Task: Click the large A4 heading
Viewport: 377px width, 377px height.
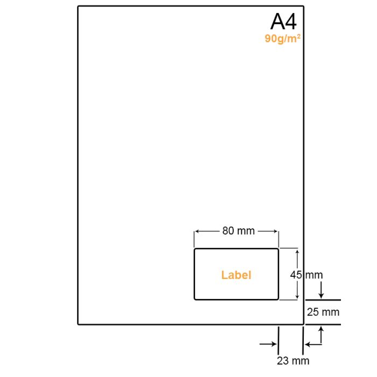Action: coord(284,22)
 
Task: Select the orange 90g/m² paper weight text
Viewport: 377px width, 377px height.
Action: coord(283,39)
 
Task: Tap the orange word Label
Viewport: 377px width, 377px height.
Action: coord(236,275)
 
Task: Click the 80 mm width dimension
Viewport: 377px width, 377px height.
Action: coord(238,231)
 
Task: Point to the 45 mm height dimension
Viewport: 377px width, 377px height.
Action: coord(306,275)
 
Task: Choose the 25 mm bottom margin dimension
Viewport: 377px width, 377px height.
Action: coord(323,312)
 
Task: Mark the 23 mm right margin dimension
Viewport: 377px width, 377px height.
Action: coord(293,361)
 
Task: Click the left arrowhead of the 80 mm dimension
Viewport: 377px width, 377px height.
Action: coord(197,231)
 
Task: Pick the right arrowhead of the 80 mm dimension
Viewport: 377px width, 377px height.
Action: coord(276,231)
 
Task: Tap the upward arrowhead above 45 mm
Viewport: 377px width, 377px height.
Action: coord(297,252)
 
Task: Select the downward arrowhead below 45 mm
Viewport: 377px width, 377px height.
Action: coord(297,297)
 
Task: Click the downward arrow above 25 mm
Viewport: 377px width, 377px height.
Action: coord(321,290)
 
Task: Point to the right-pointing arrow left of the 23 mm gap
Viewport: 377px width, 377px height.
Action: coord(268,344)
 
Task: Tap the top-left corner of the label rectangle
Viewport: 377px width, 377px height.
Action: coord(194,249)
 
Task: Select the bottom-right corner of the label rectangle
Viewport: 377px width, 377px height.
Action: coord(278,299)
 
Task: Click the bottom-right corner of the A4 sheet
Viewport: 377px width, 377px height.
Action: coord(303,324)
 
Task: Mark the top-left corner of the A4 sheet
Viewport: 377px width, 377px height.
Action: coord(78,6)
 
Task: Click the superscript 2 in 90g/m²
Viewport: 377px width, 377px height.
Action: coord(299,36)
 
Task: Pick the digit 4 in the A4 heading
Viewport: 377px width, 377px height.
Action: coord(290,22)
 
